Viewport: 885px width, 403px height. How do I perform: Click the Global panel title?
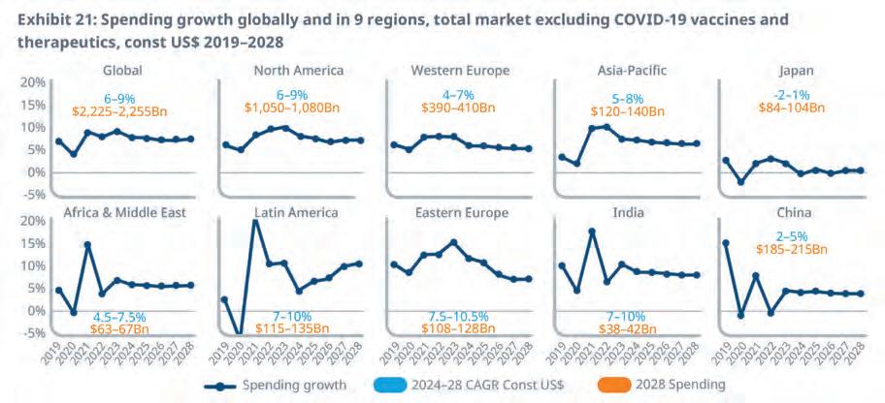tap(123, 70)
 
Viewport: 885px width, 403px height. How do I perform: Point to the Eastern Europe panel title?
tap(462, 212)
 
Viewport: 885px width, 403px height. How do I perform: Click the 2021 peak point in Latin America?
tap(255, 221)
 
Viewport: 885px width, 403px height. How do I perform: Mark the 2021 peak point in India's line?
tap(591, 232)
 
